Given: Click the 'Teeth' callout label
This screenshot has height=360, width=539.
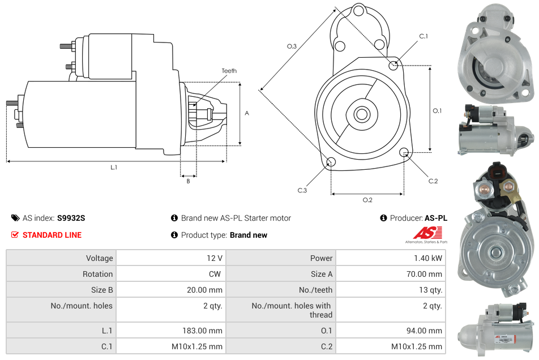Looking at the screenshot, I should click(229, 71).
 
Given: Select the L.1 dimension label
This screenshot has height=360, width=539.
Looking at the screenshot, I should click(114, 167).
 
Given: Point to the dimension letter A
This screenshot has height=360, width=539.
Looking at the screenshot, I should click(246, 113).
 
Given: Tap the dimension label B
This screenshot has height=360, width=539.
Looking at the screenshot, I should click(188, 181).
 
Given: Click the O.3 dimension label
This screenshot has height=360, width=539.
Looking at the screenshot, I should click(292, 46).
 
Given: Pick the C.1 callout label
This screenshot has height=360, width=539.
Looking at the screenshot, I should click(423, 37).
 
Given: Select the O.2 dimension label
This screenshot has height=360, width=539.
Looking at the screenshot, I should click(367, 200).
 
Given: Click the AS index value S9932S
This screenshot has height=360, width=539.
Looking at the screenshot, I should click(71, 218).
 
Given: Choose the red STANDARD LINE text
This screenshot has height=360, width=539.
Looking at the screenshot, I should click(52, 235).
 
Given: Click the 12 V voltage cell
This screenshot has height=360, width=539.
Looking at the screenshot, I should click(214, 258).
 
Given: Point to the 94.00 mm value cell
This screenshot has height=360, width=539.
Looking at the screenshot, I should click(426, 331).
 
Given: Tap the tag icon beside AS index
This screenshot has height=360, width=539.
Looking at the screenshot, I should click(15, 218).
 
